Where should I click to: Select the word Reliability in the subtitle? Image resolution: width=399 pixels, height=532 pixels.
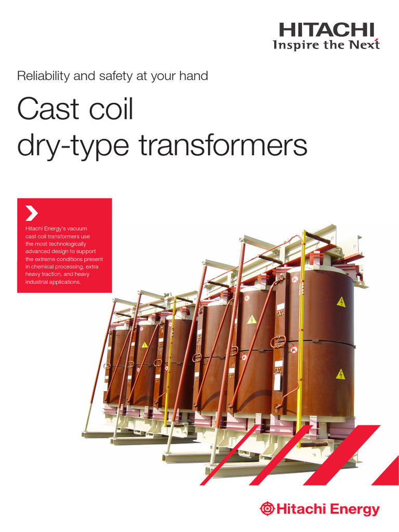[x=42, y=76]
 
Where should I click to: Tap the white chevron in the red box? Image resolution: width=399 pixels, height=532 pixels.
[x=32, y=213]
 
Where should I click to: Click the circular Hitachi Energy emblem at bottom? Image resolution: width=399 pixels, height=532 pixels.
[x=267, y=509]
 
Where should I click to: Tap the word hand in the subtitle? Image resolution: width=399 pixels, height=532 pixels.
[x=194, y=76]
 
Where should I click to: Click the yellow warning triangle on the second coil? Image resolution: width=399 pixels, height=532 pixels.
[x=251, y=319]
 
